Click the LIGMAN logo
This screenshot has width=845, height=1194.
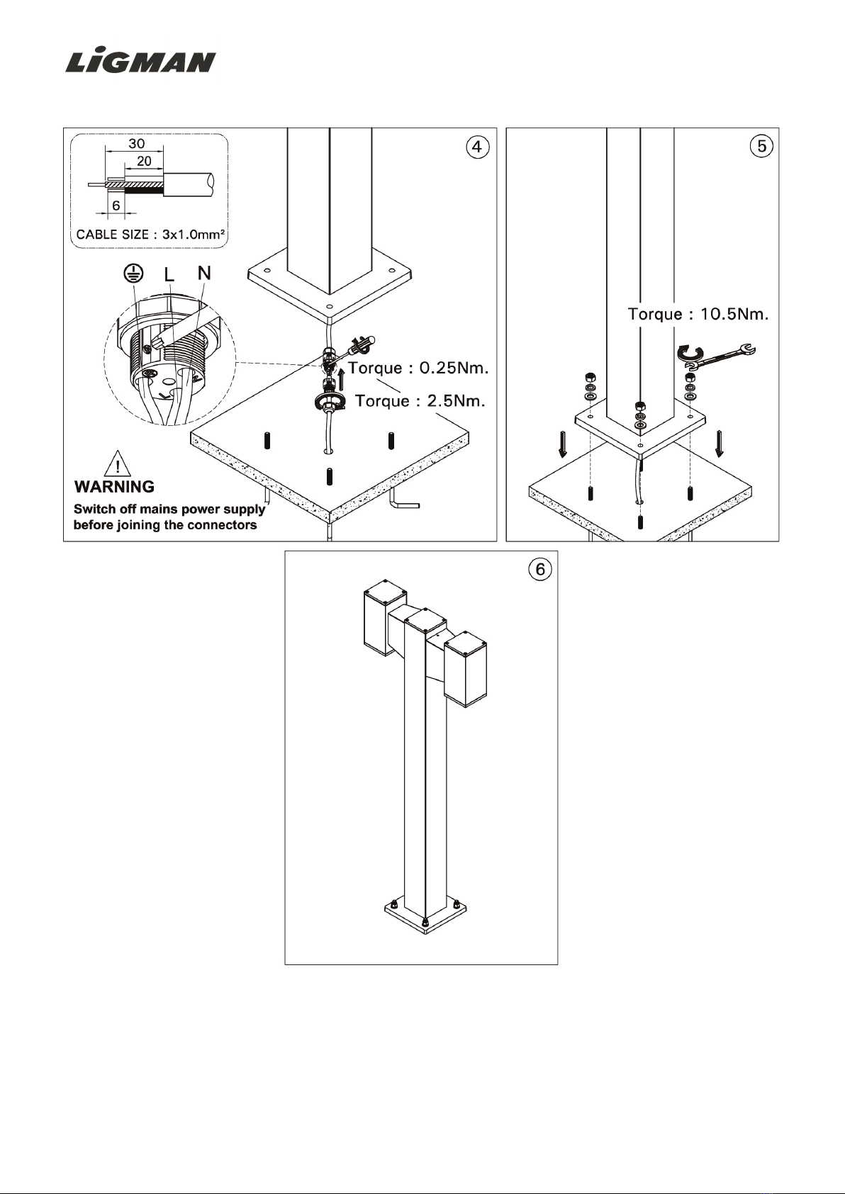click(140, 62)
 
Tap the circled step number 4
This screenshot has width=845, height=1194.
click(477, 147)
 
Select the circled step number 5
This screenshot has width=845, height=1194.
click(761, 146)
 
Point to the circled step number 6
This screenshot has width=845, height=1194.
click(540, 570)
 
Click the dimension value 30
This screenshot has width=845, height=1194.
click(137, 143)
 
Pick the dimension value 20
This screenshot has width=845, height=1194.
click(144, 161)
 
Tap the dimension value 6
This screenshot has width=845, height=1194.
click(116, 205)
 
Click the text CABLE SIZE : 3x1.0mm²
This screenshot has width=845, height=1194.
click(150, 235)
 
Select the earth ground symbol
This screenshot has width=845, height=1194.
click(133, 274)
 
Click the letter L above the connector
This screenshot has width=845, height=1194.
click(169, 274)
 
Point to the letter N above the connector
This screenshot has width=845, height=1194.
click(204, 273)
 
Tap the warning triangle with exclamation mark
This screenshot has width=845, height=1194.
click(118, 463)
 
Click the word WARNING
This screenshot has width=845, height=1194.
click(115, 487)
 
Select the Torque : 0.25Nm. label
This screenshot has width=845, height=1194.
click(418, 368)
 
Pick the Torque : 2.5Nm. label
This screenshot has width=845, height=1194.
click(420, 401)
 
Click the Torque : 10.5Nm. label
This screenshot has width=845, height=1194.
click(698, 314)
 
